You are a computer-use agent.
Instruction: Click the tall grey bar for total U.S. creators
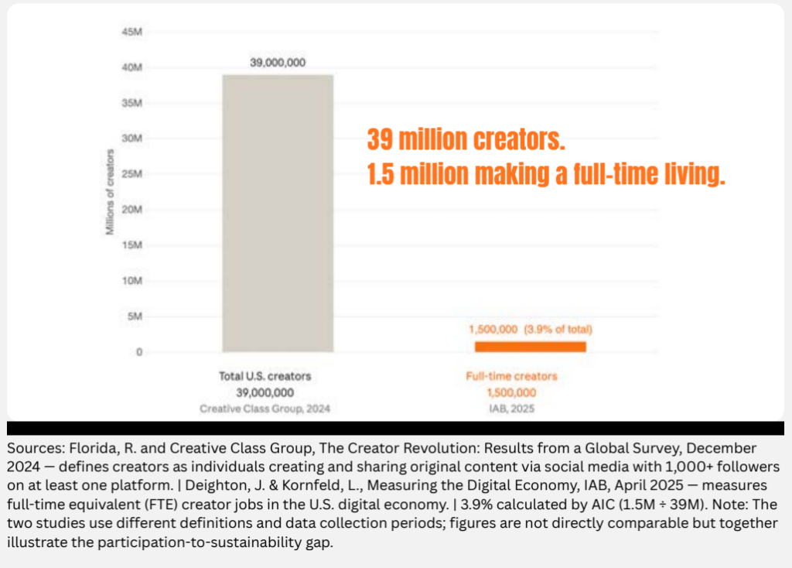point(278,213)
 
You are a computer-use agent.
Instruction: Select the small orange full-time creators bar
point(530,346)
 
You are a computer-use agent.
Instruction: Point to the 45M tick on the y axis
point(131,32)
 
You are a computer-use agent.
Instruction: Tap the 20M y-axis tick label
point(131,210)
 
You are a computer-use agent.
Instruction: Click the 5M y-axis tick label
point(134,317)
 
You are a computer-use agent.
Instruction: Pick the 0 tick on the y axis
point(138,352)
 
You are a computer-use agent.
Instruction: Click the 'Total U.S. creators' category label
point(265,377)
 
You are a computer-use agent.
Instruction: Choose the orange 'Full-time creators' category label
point(511,377)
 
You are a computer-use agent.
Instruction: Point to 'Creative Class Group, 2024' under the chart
point(265,407)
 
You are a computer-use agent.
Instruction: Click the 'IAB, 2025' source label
point(511,407)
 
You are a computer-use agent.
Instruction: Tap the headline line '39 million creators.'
point(466,141)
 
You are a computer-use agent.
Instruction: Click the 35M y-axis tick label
point(131,103)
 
